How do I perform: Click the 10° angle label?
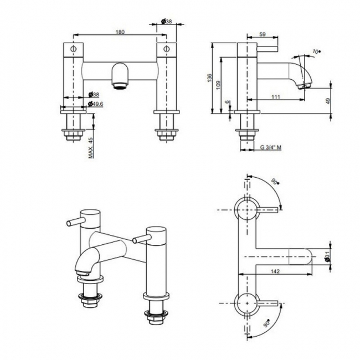(x=317, y=52)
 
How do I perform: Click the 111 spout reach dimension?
(x=275, y=97)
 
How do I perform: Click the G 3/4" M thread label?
(x=271, y=148)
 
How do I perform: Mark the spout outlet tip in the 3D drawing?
(x=83, y=271)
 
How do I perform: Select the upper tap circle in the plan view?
(x=245, y=209)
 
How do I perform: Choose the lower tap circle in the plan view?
(x=245, y=302)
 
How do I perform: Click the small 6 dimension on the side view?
(x=227, y=102)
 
